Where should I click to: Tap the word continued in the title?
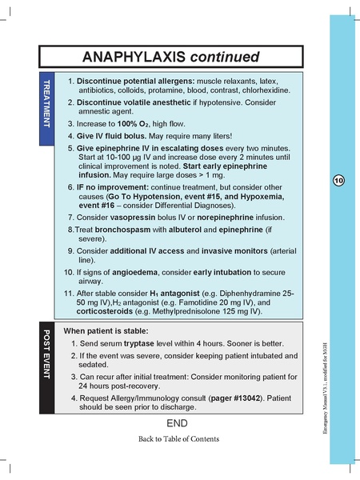click(230, 57)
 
